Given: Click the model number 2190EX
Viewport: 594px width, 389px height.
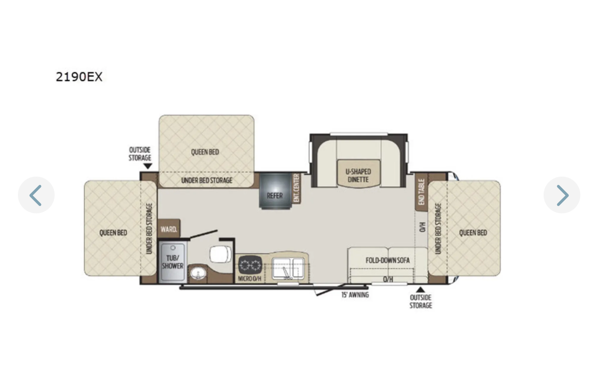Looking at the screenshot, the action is tap(79, 77).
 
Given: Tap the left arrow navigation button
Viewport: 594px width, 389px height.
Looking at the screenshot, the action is tap(36, 195).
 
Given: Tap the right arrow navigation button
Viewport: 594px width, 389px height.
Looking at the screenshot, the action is tap(562, 195).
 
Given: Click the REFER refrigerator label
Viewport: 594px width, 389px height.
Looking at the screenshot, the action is tap(275, 196).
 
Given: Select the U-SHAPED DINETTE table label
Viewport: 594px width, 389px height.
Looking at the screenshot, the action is tap(358, 176).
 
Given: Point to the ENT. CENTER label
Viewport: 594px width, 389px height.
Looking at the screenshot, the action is tap(296, 188).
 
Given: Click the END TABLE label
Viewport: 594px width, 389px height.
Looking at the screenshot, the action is tap(422, 192).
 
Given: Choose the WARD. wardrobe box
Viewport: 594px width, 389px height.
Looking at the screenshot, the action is tap(169, 228).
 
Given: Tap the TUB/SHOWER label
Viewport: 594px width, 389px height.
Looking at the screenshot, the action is tap(172, 262).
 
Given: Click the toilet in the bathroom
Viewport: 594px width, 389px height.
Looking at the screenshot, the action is tap(220, 254).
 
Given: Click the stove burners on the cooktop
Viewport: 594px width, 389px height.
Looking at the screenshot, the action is tap(250, 265).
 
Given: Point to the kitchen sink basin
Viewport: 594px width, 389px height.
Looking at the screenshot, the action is tap(288, 268).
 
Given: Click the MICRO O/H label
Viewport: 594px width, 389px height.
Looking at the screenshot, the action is tap(250, 279).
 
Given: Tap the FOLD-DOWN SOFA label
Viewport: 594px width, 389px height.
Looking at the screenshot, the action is tap(388, 260).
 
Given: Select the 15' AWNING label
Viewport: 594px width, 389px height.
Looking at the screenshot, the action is tap(355, 295).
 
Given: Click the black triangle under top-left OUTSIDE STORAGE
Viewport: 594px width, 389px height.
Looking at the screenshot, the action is tap(148, 166).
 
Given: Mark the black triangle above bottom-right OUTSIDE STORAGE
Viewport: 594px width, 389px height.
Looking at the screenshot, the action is tap(420, 290).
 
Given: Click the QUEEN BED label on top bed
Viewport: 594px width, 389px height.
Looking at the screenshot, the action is tap(205, 152).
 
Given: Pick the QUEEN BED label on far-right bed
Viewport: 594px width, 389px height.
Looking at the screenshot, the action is tap(473, 233).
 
